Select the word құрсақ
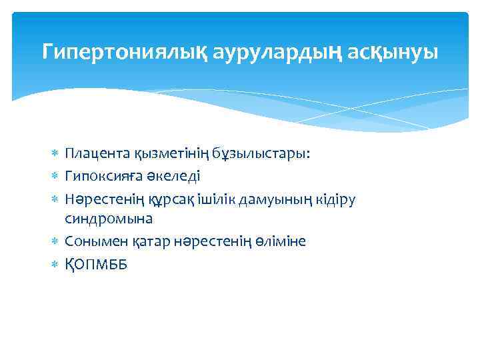pyautogui.click(x=175, y=198)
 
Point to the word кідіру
pyautogui.click(x=335, y=198)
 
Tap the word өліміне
pyautogui.click(x=280, y=241)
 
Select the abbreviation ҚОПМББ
pyautogui.click(x=96, y=264)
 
